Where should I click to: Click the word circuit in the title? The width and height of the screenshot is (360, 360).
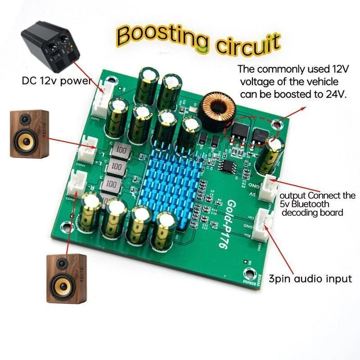click(x=248, y=43)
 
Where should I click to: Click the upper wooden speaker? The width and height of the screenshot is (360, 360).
click(x=30, y=134)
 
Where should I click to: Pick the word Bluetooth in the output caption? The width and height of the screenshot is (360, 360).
click(x=309, y=204)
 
